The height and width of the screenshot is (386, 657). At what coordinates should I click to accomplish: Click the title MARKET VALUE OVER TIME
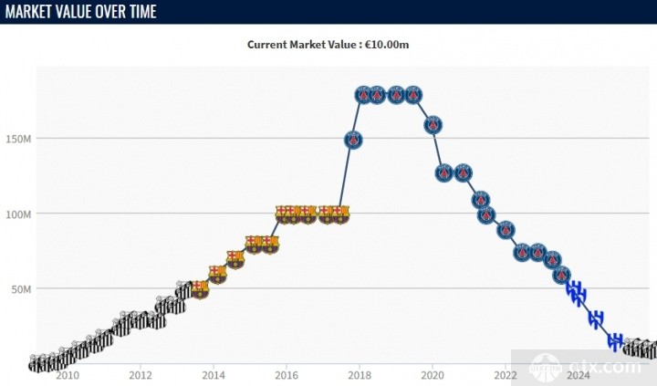coord(79,12)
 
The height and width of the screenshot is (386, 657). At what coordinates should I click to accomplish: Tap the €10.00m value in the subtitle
coord(394,44)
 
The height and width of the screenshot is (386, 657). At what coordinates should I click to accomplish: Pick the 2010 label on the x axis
coord(68,374)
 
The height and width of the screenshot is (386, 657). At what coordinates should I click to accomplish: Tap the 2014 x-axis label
coord(214,374)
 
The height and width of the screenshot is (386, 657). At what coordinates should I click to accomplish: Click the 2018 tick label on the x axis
coord(360,374)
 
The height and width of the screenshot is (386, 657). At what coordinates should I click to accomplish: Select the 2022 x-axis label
coord(506,374)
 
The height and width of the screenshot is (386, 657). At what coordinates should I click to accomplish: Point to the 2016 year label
coord(287,374)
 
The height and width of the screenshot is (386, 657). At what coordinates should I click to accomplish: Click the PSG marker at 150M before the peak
coord(353,140)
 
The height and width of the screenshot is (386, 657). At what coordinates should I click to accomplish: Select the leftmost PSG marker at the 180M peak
coord(363,94)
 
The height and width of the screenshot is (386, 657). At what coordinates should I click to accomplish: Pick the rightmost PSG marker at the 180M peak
coord(413,94)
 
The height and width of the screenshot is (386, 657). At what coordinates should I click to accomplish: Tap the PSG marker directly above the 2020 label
coord(434,125)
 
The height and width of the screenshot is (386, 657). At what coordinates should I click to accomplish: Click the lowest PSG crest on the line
coord(562,274)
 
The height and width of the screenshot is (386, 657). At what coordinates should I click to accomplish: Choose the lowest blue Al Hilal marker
coord(616,341)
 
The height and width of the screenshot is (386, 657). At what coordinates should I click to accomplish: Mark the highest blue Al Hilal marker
coord(573,289)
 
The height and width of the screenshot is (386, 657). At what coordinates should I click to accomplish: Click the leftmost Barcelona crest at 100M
coord(285,214)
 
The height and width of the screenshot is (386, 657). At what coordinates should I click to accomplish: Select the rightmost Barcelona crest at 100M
coord(340,214)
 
